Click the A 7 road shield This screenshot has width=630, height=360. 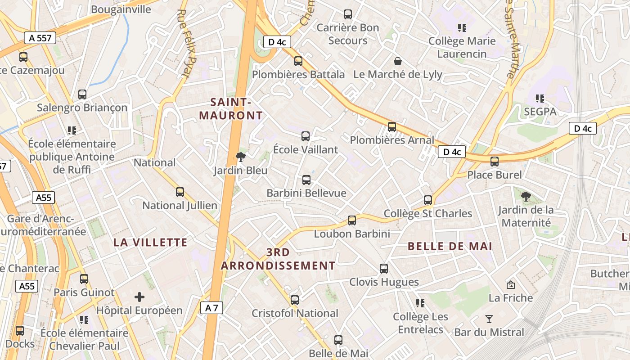pyautogui.click(x=211, y=308)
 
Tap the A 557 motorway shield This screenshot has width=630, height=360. pyautogui.click(x=40, y=38)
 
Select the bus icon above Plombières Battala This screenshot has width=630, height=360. pyautogui.click(x=298, y=61)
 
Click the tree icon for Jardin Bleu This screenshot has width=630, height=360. pyautogui.click(x=241, y=157)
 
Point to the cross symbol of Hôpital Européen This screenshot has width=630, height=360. pyautogui.click(x=139, y=297)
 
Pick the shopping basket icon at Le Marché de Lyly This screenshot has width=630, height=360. pyautogui.click(x=398, y=61)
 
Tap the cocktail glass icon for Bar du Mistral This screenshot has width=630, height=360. pyautogui.click(x=489, y=319)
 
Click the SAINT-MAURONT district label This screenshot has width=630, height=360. pyautogui.click(x=231, y=109)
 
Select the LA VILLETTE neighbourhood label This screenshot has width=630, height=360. pyautogui.click(x=150, y=243)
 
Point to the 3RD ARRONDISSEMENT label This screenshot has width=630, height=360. pyautogui.click(x=278, y=259)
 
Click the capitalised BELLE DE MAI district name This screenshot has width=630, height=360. pyautogui.click(x=450, y=246)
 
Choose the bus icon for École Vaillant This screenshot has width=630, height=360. pyautogui.click(x=306, y=136)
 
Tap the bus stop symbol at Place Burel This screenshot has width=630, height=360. pyautogui.click(x=495, y=162)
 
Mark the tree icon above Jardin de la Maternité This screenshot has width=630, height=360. pyautogui.click(x=526, y=196)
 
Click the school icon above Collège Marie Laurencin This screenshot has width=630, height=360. pyautogui.click(x=462, y=28)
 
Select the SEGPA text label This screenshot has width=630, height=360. pyautogui.click(x=540, y=112)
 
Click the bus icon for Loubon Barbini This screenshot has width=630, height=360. pyautogui.click(x=352, y=220)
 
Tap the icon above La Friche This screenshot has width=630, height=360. pyautogui.click(x=511, y=285)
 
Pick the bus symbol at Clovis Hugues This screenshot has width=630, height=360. pyautogui.click(x=384, y=269)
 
